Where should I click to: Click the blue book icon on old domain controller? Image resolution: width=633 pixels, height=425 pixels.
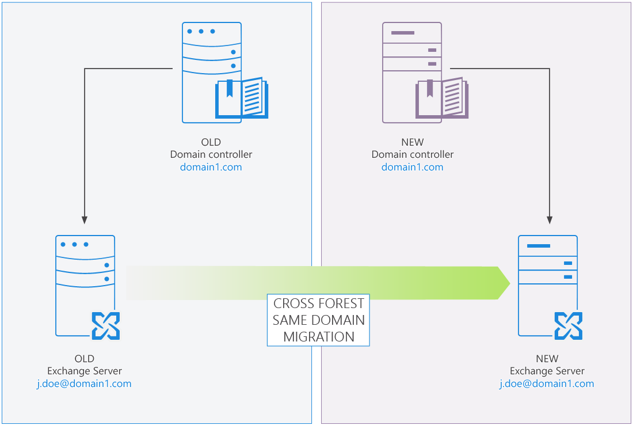point(242,98)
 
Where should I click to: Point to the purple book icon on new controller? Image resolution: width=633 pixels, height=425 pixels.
point(442,98)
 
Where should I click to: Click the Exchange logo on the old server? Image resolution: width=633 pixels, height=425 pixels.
point(106,326)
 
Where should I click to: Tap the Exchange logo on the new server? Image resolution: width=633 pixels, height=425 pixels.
point(568,326)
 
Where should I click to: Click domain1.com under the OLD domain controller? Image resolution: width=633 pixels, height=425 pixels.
point(211,168)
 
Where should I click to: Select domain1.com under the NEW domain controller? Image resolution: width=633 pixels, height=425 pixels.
point(412,168)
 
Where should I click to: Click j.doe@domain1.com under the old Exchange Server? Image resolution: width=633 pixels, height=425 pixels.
point(84,384)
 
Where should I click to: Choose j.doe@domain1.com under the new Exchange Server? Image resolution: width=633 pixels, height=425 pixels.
point(547,384)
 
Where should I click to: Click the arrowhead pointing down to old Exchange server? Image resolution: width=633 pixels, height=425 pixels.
point(85,220)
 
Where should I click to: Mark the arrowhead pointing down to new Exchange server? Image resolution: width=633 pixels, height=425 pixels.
point(550,220)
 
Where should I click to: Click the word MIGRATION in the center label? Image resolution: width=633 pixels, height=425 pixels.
point(318,337)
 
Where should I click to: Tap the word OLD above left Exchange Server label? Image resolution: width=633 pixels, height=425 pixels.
point(84,359)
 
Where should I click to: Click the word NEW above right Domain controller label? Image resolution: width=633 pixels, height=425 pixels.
point(412,142)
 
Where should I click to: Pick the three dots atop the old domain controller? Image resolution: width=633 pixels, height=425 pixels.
point(201,31)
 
